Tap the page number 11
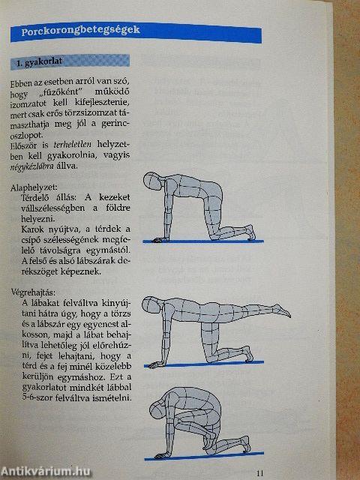point(259,472)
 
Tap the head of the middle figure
point(157,307)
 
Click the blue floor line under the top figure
point(202,241)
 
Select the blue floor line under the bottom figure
point(202,455)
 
